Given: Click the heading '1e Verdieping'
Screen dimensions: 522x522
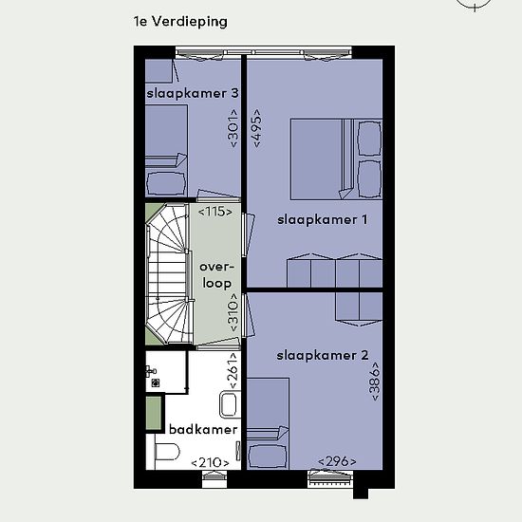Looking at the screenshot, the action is (180, 22).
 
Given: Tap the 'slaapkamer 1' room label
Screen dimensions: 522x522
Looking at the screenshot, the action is (323, 220).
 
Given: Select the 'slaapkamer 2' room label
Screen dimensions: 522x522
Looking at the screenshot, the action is (323, 356).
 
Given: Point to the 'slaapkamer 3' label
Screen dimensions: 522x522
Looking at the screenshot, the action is (193, 93).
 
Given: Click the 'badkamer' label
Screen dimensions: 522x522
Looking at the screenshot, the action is (203, 429).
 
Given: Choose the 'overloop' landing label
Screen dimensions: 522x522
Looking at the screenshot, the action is (216, 275).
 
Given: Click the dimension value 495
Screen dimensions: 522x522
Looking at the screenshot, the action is (257, 128).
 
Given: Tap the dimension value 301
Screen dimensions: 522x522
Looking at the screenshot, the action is (233, 128).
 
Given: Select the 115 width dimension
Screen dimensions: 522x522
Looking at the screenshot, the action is (215, 212).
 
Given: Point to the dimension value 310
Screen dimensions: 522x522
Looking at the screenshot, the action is (233, 312).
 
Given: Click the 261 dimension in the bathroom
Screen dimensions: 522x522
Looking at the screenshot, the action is (233, 370).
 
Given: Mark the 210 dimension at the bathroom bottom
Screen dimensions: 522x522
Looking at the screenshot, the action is (210, 462).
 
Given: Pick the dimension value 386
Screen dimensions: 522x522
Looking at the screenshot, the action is (375, 382).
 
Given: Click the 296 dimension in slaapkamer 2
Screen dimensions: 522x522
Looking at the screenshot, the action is (337, 461).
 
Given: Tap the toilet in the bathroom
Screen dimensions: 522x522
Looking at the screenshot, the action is (167, 452).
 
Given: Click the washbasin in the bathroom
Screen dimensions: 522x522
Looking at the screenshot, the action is (230, 405).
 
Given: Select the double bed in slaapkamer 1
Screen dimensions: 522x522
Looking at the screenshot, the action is (336, 159).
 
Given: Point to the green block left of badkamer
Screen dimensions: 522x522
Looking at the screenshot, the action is (154, 413).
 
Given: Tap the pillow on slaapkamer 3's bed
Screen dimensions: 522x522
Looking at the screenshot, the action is (166, 183).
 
